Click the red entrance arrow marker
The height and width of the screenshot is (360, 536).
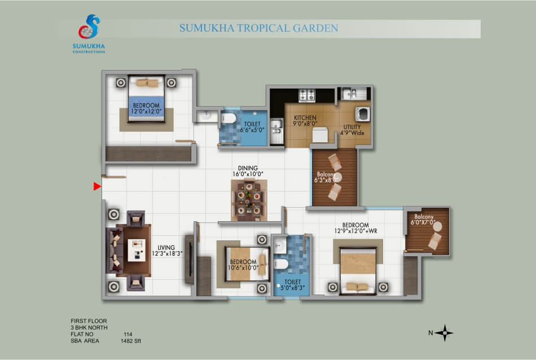(x=97, y=186)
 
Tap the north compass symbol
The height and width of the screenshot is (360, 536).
(x=445, y=333)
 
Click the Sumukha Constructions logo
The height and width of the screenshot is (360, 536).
(x=89, y=33)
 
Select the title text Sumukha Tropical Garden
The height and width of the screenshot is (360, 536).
(x=259, y=28)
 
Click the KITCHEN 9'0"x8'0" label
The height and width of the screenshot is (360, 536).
(x=305, y=120)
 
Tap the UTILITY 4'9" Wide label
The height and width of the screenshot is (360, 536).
(x=352, y=130)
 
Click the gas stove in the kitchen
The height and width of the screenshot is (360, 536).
(x=307, y=95)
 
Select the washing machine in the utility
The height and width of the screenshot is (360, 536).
(x=363, y=114)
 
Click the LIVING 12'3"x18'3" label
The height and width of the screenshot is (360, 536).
(x=167, y=251)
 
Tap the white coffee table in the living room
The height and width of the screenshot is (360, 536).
(x=137, y=251)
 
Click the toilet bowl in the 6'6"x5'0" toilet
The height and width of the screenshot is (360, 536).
(x=228, y=118)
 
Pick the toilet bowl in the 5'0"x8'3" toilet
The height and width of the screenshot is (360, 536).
(x=281, y=264)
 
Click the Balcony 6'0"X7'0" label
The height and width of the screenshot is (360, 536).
(x=424, y=219)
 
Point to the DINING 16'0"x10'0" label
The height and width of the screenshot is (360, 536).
(x=248, y=171)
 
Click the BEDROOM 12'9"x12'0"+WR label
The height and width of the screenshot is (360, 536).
(x=355, y=228)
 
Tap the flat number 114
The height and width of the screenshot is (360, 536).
(x=128, y=335)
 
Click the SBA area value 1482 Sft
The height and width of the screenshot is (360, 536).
(x=130, y=341)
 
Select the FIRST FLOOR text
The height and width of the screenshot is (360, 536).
(x=89, y=321)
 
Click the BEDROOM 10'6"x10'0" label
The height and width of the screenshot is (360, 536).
(x=243, y=265)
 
